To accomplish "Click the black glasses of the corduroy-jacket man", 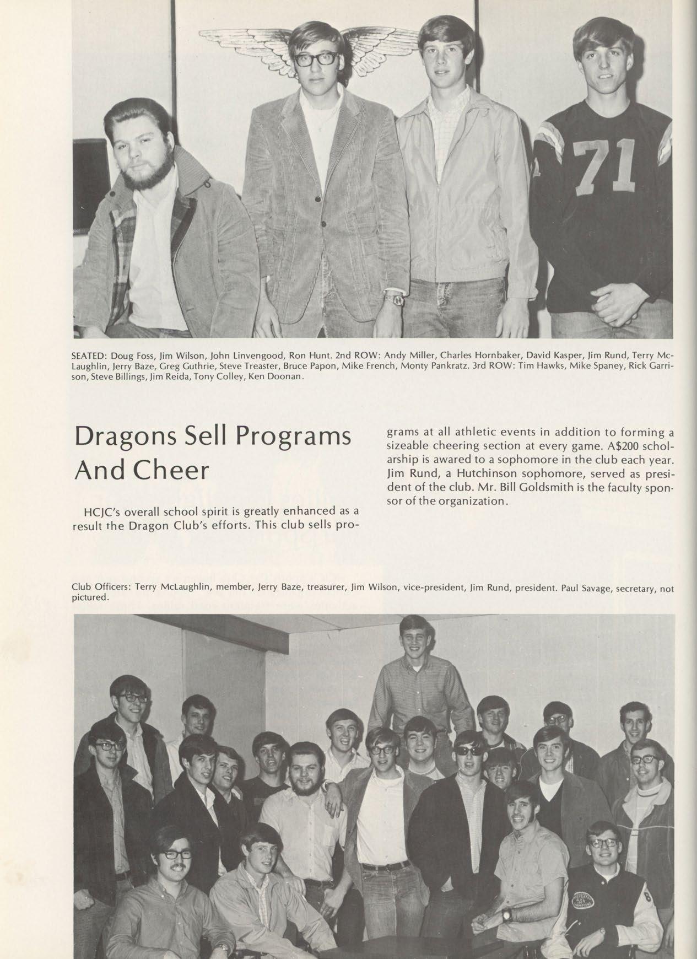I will pos(318,60).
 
